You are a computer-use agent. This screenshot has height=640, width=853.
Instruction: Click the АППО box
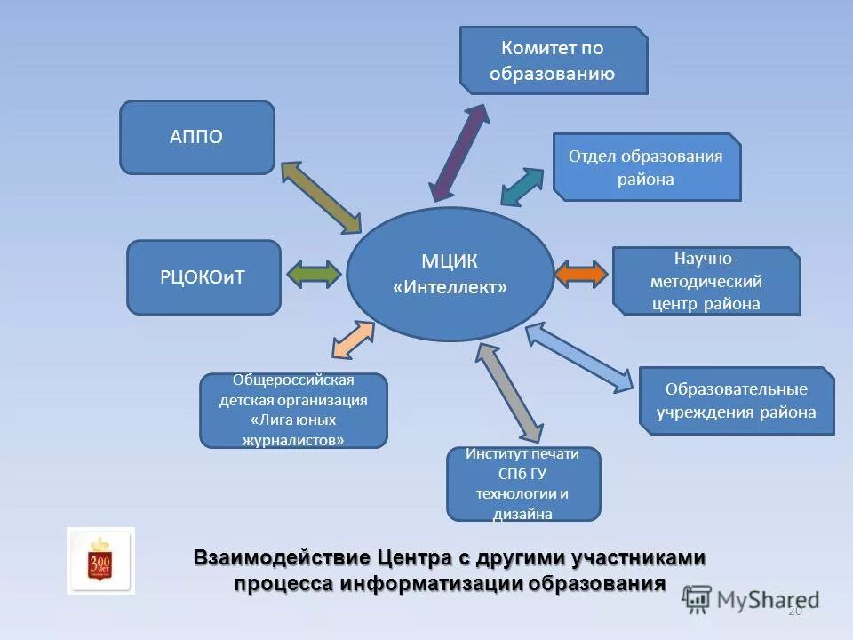point(196,137)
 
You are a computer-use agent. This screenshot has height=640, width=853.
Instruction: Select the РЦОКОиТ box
point(203,277)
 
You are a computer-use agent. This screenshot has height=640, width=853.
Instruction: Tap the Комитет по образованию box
point(553,60)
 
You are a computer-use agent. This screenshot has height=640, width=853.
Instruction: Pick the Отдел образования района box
point(646,167)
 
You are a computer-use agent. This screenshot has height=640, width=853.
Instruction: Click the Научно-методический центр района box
point(706,281)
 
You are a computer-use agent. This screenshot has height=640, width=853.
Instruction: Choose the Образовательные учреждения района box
point(737,401)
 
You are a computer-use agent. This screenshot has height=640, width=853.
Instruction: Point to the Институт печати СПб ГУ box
point(522,484)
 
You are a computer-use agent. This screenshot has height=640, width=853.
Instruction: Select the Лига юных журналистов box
point(293,410)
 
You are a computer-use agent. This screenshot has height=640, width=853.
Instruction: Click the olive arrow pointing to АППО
point(321,197)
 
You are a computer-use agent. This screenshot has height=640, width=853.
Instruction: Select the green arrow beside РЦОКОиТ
point(314,274)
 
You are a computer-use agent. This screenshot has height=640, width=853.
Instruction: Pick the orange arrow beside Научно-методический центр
point(581,274)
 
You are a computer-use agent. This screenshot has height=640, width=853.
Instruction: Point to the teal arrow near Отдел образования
point(522,187)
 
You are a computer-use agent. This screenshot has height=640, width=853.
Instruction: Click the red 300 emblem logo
point(100,561)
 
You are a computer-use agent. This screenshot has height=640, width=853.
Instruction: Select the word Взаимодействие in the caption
point(282,558)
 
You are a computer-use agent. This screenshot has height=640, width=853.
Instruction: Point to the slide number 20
point(794,611)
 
